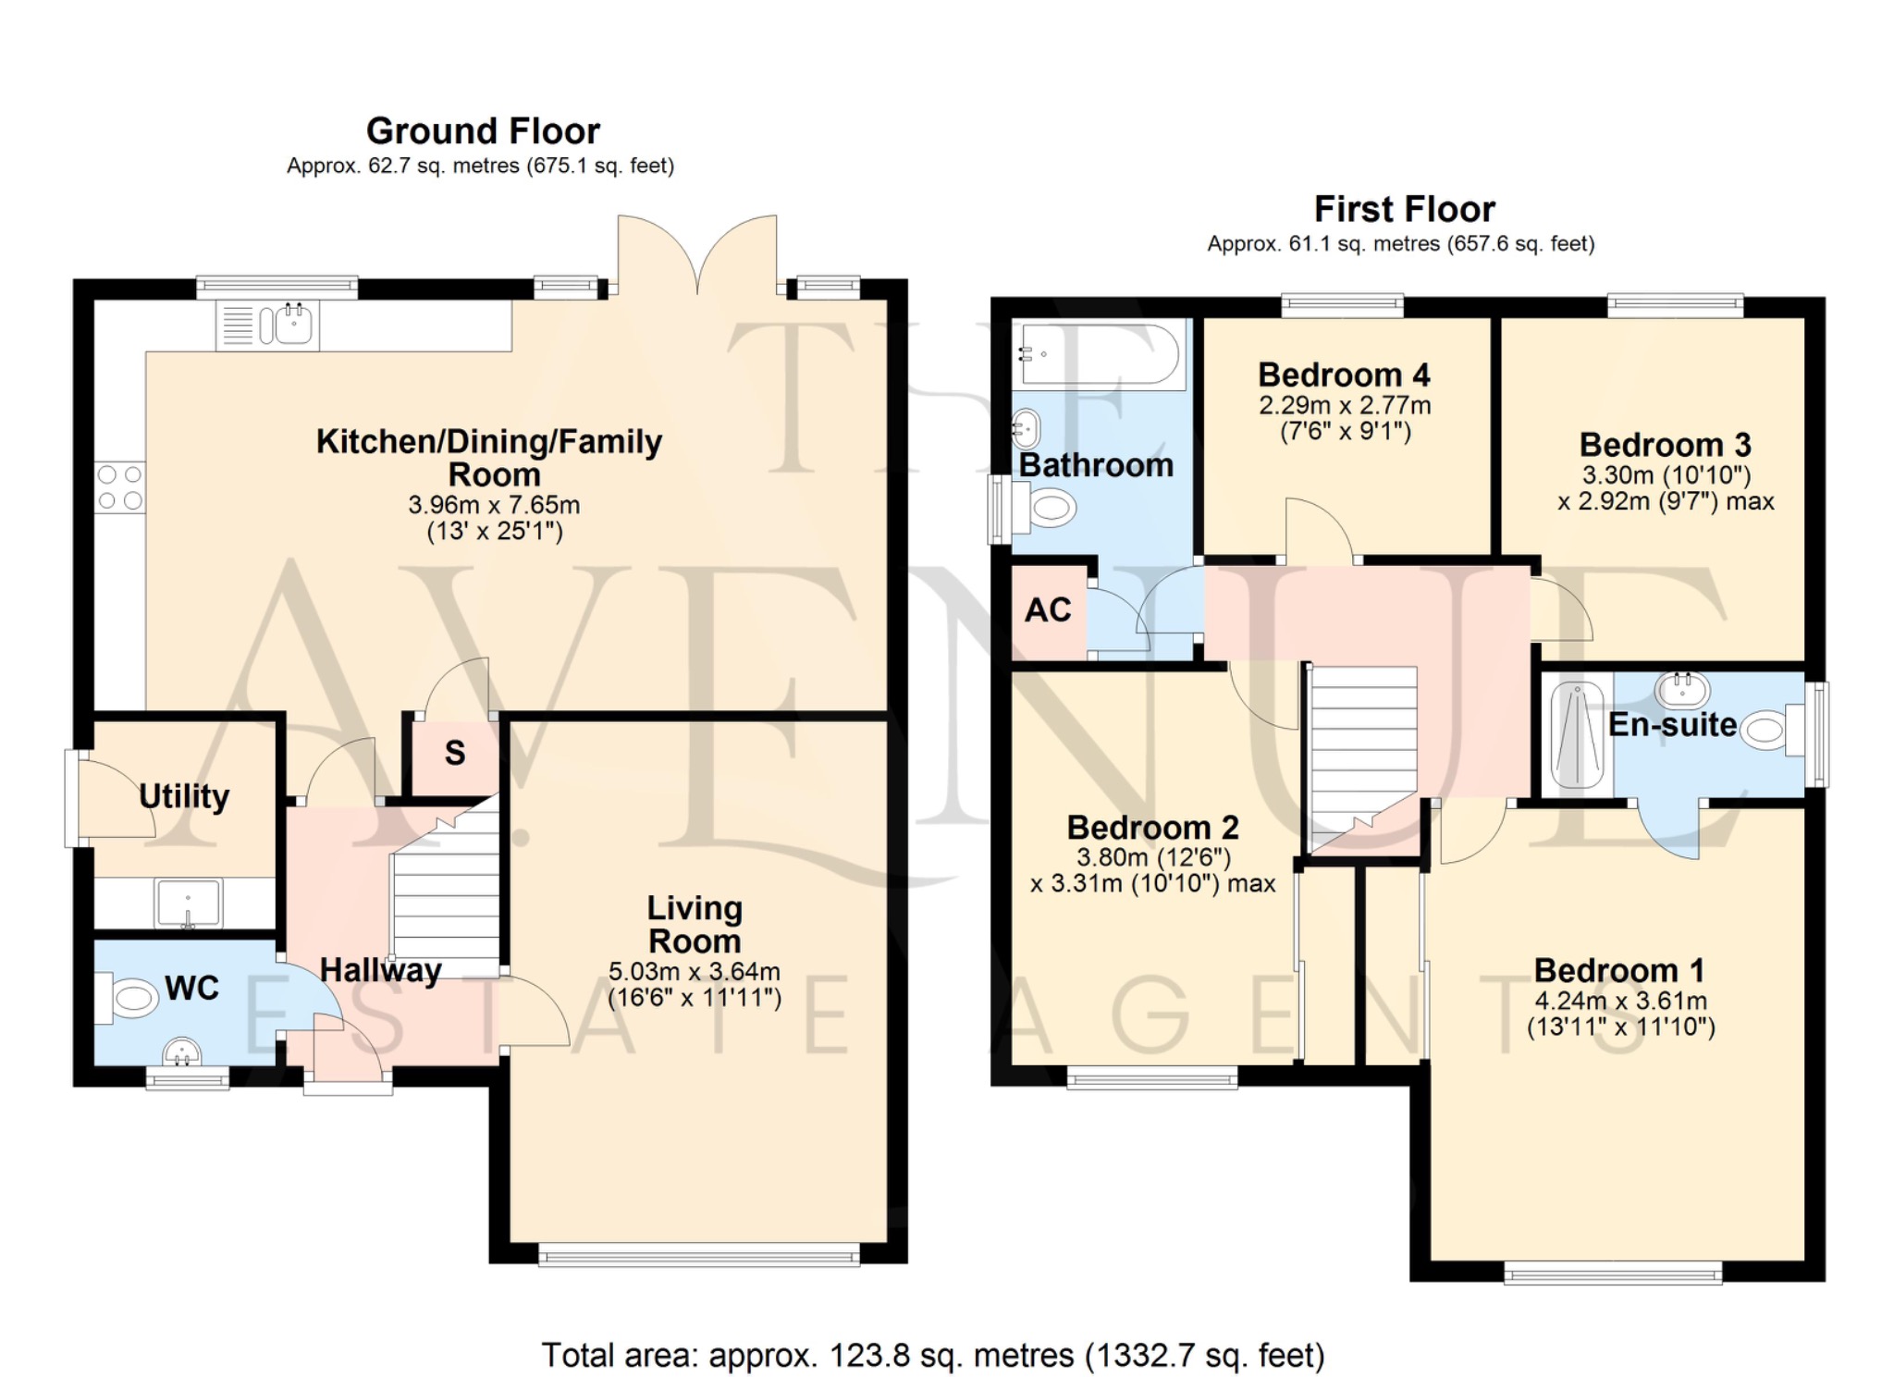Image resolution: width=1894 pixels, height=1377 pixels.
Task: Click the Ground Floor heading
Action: pyautogui.click(x=483, y=131)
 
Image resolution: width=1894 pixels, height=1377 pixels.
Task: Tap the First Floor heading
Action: pyautogui.click(x=1404, y=210)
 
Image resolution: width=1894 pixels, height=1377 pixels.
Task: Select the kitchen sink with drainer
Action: pyautogui.click(x=267, y=326)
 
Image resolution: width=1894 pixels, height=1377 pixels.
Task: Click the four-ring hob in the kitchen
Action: pyautogui.click(x=120, y=487)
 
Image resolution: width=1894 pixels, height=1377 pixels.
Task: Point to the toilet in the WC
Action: pyautogui.click(x=127, y=998)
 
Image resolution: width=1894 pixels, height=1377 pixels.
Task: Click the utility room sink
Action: pyautogui.click(x=189, y=904)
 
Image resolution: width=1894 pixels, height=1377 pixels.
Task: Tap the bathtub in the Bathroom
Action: pyautogui.click(x=1099, y=354)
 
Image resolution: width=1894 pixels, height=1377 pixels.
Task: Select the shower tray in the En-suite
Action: pyautogui.click(x=1578, y=735)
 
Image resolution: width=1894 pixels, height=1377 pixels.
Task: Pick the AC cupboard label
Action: pyautogui.click(x=1048, y=610)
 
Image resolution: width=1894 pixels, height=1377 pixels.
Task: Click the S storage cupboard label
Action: pyautogui.click(x=455, y=753)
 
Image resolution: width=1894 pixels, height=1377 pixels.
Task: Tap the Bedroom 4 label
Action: pyautogui.click(x=1344, y=375)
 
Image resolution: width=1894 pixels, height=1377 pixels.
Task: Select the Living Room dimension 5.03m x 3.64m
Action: pyautogui.click(x=695, y=972)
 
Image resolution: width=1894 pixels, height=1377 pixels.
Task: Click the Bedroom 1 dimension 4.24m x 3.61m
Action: pyautogui.click(x=1620, y=1001)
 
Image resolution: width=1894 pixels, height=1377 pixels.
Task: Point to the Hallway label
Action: pyautogui.click(x=380, y=970)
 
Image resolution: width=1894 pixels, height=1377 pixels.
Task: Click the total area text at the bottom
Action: pyautogui.click(x=933, y=1356)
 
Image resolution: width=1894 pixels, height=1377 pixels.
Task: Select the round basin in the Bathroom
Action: pyautogui.click(x=1027, y=428)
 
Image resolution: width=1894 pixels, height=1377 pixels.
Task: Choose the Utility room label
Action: pyautogui.click(x=184, y=796)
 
